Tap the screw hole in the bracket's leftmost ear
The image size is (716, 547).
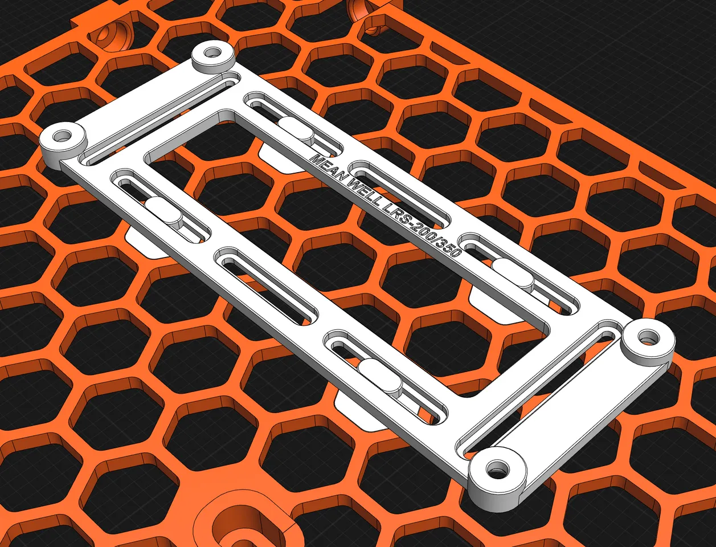tap(62, 137)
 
